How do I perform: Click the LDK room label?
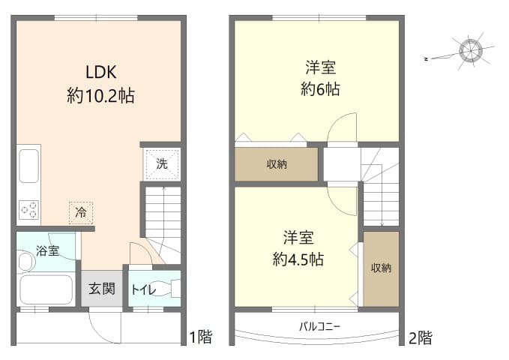pos(100,73)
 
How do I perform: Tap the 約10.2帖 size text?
pos(100,95)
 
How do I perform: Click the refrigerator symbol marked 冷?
pos(81,212)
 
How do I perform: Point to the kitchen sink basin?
pos(28,166)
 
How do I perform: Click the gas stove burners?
pos(28,210)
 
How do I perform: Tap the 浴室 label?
pos(48,250)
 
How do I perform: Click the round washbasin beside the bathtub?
pos(25,262)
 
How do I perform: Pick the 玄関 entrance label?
pos(103,288)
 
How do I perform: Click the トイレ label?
pos(143,289)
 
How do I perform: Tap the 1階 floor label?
pos(200,337)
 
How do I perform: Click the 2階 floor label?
pos(421,337)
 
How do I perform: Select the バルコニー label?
pos(320,327)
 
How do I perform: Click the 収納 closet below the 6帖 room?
pos(277,164)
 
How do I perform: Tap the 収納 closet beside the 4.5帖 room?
pos(381,268)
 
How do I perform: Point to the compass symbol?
pos(471,50)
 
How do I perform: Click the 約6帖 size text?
pos(320,89)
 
